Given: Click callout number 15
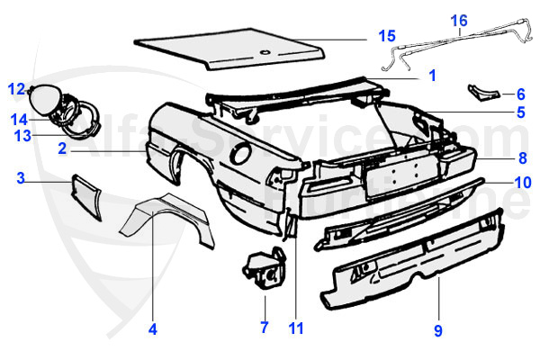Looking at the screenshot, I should (x=385, y=36).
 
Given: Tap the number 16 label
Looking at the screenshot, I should (x=459, y=19).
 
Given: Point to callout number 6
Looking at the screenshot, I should (x=520, y=94).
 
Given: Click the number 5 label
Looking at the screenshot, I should (x=520, y=112).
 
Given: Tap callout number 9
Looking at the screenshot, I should (x=437, y=330).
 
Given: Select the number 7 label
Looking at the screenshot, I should (x=264, y=327).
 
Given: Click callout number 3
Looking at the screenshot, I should (x=20, y=178).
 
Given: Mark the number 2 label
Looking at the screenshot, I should (x=62, y=149).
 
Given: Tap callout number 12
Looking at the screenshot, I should (x=17, y=88).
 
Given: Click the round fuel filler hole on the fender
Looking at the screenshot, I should (x=240, y=155).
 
